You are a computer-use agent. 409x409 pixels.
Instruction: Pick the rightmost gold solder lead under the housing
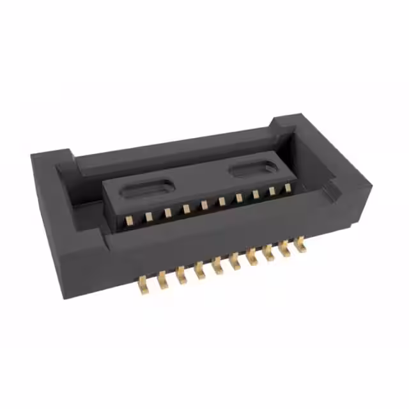(299, 242)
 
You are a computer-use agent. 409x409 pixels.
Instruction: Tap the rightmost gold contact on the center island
(288, 187)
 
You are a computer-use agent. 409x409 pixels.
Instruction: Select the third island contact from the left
(167, 212)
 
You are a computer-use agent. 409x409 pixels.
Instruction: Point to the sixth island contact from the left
(221, 201)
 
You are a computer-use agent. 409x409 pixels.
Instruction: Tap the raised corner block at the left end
(51, 160)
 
